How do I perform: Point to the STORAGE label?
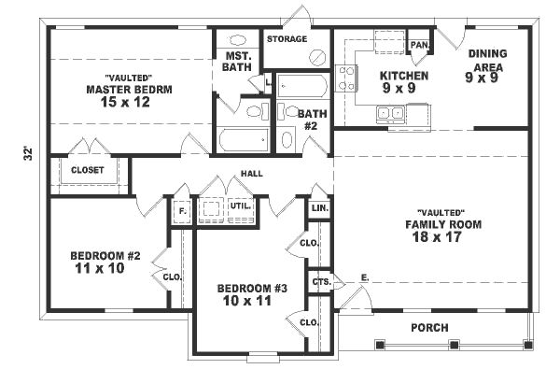tap(287, 39)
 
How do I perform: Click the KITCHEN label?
tap(403, 77)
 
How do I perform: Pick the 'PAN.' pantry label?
tap(419, 44)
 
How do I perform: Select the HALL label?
tap(251, 173)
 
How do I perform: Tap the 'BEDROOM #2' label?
tap(104, 255)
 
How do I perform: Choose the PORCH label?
tap(429, 327)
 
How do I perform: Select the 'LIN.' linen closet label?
tap(319, 206)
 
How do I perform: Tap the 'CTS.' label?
tap(320, 281)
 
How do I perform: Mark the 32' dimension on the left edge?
tap(28, 151)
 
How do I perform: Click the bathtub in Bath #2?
tap(301, 89)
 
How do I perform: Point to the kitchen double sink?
tap(390, 114)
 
